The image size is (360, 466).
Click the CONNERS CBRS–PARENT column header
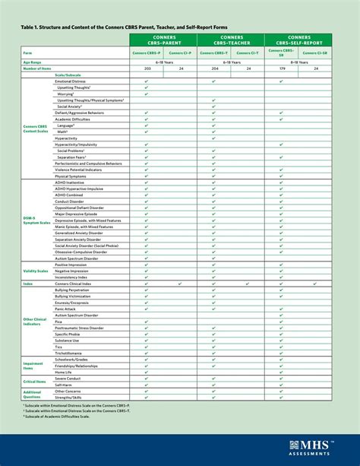click(163, 39)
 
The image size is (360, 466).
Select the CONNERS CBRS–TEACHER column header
click(231, 39)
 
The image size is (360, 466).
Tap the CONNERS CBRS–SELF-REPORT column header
click(298, 39)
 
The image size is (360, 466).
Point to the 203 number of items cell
click(147, 68)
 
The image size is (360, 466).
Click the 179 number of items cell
click(282, 68)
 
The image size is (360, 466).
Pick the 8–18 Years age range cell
click(298, 62)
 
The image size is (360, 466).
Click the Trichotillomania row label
click(71, 353)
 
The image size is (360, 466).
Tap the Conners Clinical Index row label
click(75, 284)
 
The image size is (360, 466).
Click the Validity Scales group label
click(36, 271)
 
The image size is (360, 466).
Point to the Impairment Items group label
click(33, 366)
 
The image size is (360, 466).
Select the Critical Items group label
click(35, 382)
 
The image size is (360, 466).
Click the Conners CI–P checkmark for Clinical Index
click(180, 284)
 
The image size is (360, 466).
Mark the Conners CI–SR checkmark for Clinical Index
click(315, 284)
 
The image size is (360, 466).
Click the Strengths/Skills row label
click(69, 398)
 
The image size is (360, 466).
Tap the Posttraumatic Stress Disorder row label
click(79, 328)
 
